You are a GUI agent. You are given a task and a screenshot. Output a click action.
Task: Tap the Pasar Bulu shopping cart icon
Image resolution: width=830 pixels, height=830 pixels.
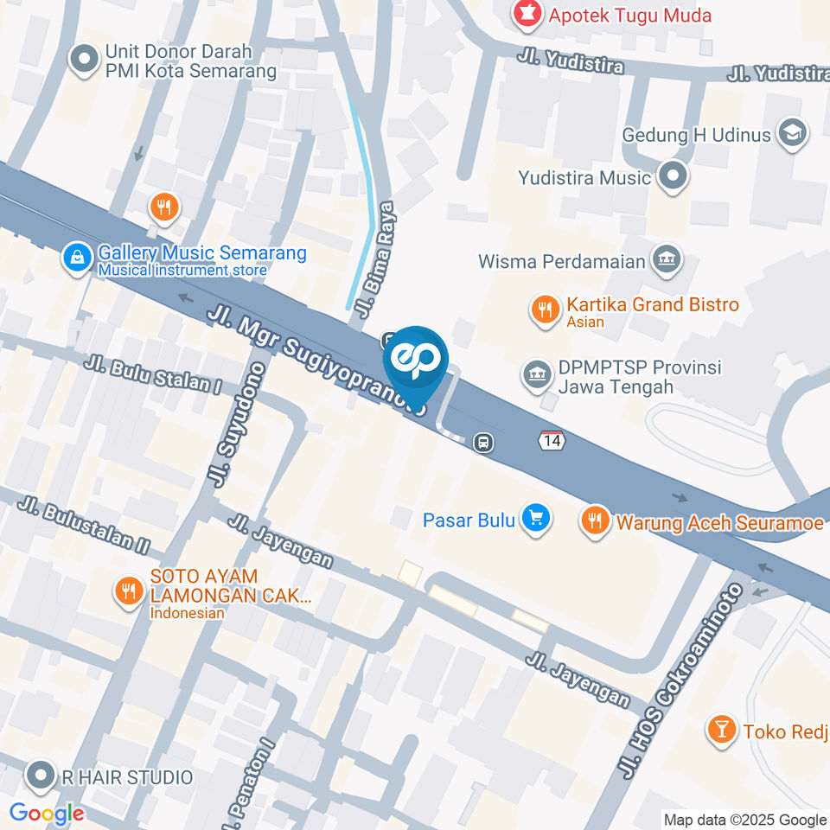536,519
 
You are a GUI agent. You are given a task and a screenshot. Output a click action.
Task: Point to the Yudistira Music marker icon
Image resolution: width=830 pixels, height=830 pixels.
671,177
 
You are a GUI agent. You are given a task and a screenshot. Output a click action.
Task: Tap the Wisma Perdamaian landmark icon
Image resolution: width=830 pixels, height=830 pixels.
666,260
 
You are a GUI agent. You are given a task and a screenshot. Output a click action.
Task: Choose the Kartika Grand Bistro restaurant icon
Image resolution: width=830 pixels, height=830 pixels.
545,310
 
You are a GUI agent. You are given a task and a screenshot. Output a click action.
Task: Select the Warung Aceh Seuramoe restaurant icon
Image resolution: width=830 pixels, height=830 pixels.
593,520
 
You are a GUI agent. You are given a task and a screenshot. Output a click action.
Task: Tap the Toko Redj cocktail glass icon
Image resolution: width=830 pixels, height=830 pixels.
719,731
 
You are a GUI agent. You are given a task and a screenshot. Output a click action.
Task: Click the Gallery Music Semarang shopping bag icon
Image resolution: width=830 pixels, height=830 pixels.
77,257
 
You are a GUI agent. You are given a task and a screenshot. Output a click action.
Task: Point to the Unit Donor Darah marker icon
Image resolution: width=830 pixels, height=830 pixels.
85,60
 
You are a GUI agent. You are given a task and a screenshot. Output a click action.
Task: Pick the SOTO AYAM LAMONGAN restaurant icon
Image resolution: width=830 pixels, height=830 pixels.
129,591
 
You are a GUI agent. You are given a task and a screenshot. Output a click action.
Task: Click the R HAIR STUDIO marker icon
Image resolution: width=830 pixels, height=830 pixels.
39,776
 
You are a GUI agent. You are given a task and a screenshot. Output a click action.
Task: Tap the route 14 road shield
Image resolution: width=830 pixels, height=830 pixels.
551,440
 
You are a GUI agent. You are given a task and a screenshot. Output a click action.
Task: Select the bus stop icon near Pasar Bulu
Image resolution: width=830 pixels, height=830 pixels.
484,443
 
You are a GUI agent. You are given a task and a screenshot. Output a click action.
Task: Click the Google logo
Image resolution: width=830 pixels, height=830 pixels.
46,813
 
